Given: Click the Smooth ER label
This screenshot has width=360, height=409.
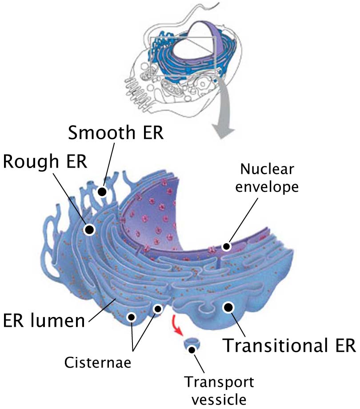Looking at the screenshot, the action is (116, 132).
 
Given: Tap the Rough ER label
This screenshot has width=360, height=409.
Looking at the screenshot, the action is (45, 161).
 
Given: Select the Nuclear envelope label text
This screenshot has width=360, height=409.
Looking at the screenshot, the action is (267, 178).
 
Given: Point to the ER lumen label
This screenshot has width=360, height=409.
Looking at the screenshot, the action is (44, 320).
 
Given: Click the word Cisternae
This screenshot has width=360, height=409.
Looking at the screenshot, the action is (97, 362).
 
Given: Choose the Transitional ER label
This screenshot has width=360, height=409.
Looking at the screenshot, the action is (289, 345).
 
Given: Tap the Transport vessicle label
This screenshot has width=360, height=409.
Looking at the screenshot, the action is (219, 390).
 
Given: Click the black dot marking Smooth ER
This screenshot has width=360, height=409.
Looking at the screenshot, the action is (102, 192).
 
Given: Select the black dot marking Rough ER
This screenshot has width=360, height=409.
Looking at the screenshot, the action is (89, 230).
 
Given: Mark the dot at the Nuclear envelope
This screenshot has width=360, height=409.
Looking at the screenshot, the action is (226, 246).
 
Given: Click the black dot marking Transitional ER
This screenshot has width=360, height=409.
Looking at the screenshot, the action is (228, 308).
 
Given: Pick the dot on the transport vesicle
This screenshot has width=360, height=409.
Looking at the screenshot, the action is (192, 350).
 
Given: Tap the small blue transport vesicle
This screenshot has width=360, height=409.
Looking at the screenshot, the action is (192, 345).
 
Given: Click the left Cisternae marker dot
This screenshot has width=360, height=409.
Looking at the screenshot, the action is (132, 317).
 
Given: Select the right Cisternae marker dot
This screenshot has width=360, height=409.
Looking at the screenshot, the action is (158, 309).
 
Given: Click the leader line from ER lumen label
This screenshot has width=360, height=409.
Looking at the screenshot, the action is (103, 311).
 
